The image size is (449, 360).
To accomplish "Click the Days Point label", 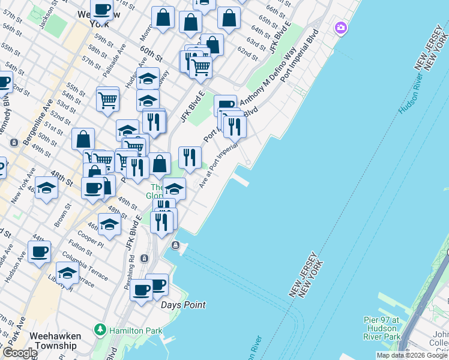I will pyautogui.click(x=183, y=305).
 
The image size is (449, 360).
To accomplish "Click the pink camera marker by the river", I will pyautogui.click(x=341, y=28).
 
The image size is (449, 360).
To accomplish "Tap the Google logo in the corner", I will pyautogui.click(x=19, y=353).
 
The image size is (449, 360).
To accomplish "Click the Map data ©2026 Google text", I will pyautogui.click(x=412, y=355).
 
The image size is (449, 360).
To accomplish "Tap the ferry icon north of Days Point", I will pyautogui.click(x=175, y=245).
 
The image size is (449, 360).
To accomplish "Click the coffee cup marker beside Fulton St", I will pyautogui.click(x=40, y=252).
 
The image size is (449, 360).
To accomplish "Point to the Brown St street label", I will pyautogui.click(x=62, y=215).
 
